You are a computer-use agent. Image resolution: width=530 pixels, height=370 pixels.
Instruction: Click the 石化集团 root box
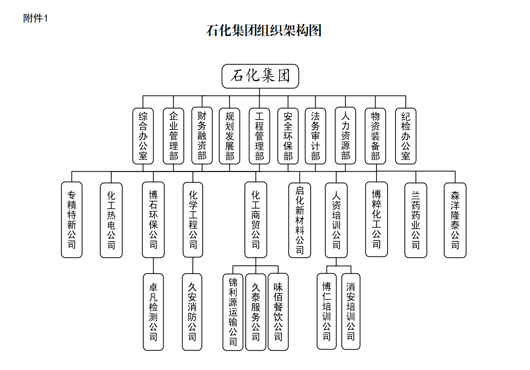point(260,76)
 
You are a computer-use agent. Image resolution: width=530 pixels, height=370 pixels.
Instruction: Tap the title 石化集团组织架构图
point(264,31)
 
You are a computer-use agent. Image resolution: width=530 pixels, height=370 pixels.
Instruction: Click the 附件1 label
point(36,19)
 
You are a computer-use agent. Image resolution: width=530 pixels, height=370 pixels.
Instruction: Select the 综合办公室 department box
point(143,136)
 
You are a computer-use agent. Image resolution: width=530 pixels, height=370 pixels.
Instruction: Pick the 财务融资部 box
point(202,136)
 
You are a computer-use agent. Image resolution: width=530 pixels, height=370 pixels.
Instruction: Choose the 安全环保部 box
point(288,136)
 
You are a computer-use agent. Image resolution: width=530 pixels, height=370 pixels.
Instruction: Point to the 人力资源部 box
point(345,136)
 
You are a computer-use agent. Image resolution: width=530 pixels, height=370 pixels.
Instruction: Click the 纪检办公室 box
point(406,136)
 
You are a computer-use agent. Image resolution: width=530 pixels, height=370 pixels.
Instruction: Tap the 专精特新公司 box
point(72,220)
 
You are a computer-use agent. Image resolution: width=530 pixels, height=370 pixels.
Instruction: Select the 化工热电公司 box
point(111,220)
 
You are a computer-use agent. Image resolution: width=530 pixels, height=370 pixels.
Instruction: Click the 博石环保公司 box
point(153,220)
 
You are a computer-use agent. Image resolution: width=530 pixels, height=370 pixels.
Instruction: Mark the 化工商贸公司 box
point(255,220)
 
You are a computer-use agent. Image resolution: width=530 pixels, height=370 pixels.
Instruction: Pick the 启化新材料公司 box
point(300,220)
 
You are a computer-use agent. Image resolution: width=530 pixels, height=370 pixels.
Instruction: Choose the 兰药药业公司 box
point(415,220)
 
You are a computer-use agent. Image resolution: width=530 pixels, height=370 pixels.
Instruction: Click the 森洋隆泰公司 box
point(455,220)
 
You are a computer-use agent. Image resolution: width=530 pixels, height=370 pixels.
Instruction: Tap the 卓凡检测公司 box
point(153,312)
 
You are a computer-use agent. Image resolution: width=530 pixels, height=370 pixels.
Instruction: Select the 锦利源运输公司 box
point(233,311)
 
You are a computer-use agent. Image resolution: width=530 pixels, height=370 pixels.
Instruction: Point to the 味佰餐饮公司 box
point(278,311)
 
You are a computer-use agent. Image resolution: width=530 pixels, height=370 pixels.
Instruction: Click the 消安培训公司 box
point(351,311)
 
